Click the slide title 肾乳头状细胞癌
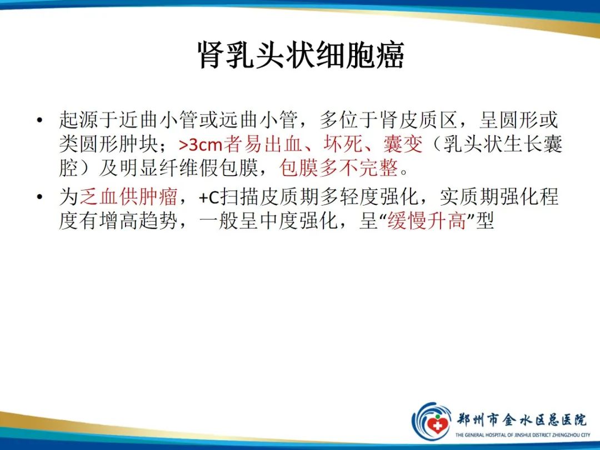301,56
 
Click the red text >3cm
200,145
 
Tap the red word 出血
292,145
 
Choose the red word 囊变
403,145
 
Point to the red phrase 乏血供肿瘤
128,197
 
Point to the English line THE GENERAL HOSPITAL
522,435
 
